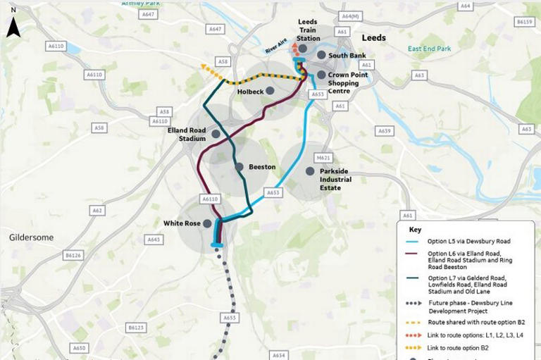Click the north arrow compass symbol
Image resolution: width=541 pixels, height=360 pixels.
point(13,27)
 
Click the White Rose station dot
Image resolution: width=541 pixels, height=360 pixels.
point(206,223)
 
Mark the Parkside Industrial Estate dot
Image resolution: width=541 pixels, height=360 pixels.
point(309,170)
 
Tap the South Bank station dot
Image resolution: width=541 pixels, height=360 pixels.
point(321,55)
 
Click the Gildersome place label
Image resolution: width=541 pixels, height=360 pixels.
point(31,238)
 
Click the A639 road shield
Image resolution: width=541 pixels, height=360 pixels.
point(384,131)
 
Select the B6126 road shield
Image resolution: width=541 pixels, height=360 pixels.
point(73,255)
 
